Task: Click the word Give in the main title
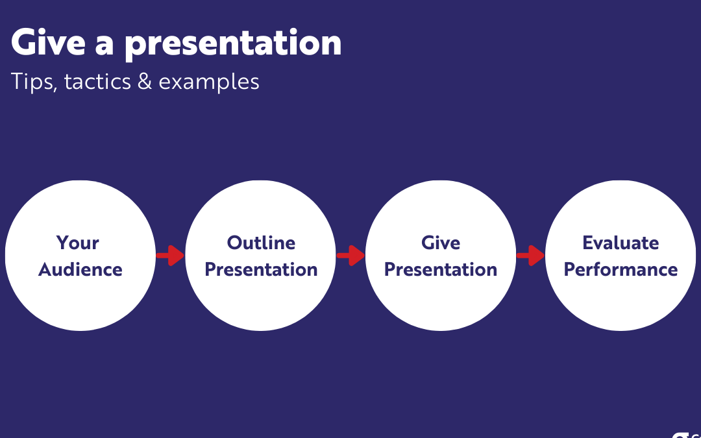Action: pyautogui.click(x=48, y=42)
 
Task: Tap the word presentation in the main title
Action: pyautogui.click(x=233, y=45)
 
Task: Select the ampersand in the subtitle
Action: pyautogui.click(x=145, y=82)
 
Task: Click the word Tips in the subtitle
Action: pyautogui.click(x=34, y=82)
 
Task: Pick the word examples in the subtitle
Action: pyautogui.click(x=209, y=83)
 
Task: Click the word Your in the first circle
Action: pyautogui.click(x=78, y=243)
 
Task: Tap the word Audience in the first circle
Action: pyautogui.click(x=80, y=269)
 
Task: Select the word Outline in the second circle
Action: pyautogui.click(x=261, y=243)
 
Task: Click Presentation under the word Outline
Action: pyautogui.click(x=261, y=269)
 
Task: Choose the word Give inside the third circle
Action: pyautogui.click(x=440, y=243)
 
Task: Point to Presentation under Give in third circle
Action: pyautogui.click(x=441, y=269)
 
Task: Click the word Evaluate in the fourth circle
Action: pyautogui.click(x=621, y=243)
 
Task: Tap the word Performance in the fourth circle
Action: pyautogui.click(x=621, y=269)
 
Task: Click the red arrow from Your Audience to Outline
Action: pyautogui.click(x=170, y=256)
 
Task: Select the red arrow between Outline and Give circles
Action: pyautogui.click(x=350, y=256)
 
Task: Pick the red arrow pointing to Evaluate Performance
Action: pyautogui.click(x=530, y=256)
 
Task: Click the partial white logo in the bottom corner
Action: pyautogui.click(x=687, y=434)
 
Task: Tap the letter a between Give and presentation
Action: pyautogui.click(x=104, y=45)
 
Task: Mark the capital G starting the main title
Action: pyautogui.click(x=22, y=42)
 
